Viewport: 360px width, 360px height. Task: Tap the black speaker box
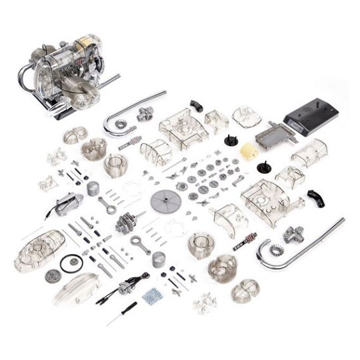pyautogui.click(x=310, y=117)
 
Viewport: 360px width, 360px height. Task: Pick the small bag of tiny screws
pyautogui.click(x=151, y=295)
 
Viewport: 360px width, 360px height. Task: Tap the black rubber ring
pyautogui.click(x=70, y=263)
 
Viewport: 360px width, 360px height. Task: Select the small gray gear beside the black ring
pyautogui.click(x=51, y=275)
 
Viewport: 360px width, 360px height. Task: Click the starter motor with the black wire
pyautogui.click(x=69, y=204)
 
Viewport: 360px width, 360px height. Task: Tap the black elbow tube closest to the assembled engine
pyautogui.click(x=196, y=105)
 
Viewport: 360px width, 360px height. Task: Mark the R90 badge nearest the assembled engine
pyautogui.click(x=130, y=142)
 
